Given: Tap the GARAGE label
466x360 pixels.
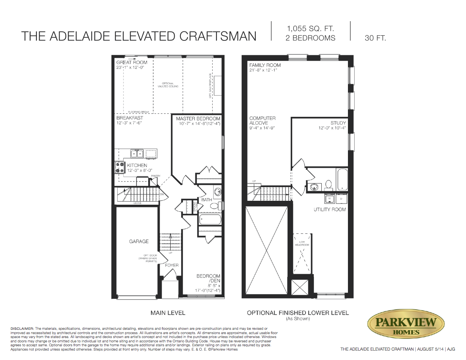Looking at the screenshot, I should [139, 242].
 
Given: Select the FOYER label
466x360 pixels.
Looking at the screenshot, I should [171, 265].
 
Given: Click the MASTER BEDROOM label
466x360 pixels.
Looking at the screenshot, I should [198, 118].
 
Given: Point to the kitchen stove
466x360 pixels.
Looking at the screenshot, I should [119, 167].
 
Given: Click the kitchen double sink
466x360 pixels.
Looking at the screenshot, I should [137, 153].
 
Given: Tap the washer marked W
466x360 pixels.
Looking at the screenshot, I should [329, 199].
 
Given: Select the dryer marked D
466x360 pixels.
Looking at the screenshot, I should [341, 199].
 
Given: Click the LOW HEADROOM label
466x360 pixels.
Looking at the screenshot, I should [303, 243].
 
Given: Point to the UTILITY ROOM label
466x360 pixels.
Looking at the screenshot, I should [329, 209].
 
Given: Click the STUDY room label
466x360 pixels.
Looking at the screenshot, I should [338, 123].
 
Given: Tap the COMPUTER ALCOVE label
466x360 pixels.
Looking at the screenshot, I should [262, 120].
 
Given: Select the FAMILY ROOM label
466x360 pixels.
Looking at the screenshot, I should [265, 65].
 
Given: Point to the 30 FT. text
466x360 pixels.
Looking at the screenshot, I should [375, 38].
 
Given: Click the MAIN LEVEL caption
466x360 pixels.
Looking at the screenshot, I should [168, 313].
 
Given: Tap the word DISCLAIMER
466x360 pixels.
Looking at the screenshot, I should [22, 328].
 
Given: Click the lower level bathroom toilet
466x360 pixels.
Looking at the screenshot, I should [329, 184].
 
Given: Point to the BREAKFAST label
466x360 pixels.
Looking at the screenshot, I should [129, 118].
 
